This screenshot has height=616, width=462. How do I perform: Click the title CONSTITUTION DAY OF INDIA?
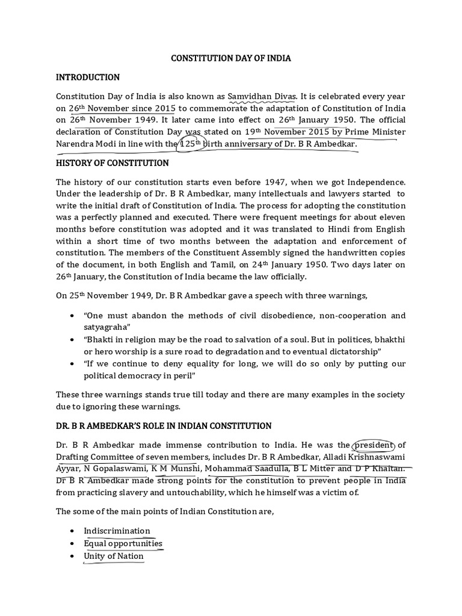(231, 59)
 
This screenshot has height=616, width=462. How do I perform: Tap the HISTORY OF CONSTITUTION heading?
(112, 163)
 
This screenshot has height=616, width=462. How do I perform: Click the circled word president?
(374, 445)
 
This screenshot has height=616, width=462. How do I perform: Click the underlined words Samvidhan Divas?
(264, 97)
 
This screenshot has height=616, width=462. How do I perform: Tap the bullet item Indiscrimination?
(117, 531)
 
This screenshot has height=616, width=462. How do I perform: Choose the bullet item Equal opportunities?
(123, 543)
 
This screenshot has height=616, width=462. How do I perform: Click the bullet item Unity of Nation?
(114, 556)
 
